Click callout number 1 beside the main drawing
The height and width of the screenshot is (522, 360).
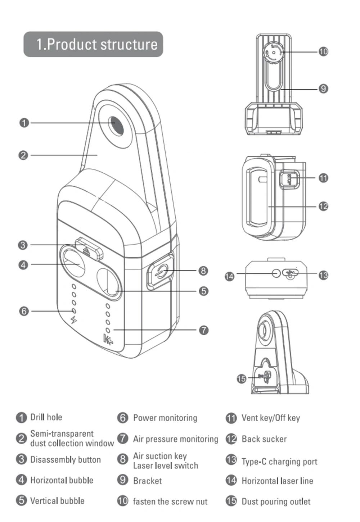pyautogui.click(x=24, y=123)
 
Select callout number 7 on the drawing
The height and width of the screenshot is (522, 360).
pyautogui.click(x=204, y=330)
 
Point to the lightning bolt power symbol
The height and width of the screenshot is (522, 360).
pyautogui.click(x=74, y=320)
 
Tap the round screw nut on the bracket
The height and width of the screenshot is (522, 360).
pyautogui.click(x=273, y=53)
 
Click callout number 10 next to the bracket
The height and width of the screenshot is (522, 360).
pyautogui.click(x=323, y=51)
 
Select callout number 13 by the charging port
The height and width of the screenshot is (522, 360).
pyautogui.click(x=323, y=275)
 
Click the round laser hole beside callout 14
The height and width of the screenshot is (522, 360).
pyautogui.click(x=276, y=273)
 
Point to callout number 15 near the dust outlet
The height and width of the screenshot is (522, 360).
pyautogui.click(x=241, y=378)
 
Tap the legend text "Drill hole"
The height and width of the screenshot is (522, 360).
pyautogui.click(x=46, y=417)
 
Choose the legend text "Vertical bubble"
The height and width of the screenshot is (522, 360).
pyautogui.click(x=57, y=501)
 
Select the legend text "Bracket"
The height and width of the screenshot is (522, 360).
pyautogui.click(x=147, y=481)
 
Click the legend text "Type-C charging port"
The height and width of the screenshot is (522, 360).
pyautogui.click(x=279, y=462)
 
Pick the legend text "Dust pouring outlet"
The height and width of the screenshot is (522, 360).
pyautogui.click(x=276, y=501)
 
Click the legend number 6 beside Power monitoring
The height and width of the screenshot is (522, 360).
pyautogui.click(x=123, y=418)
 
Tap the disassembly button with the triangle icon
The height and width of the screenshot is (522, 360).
pyautogui.click(x=88, y=248)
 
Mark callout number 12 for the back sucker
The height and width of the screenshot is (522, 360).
pyautogui.click(x=323, y=206)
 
